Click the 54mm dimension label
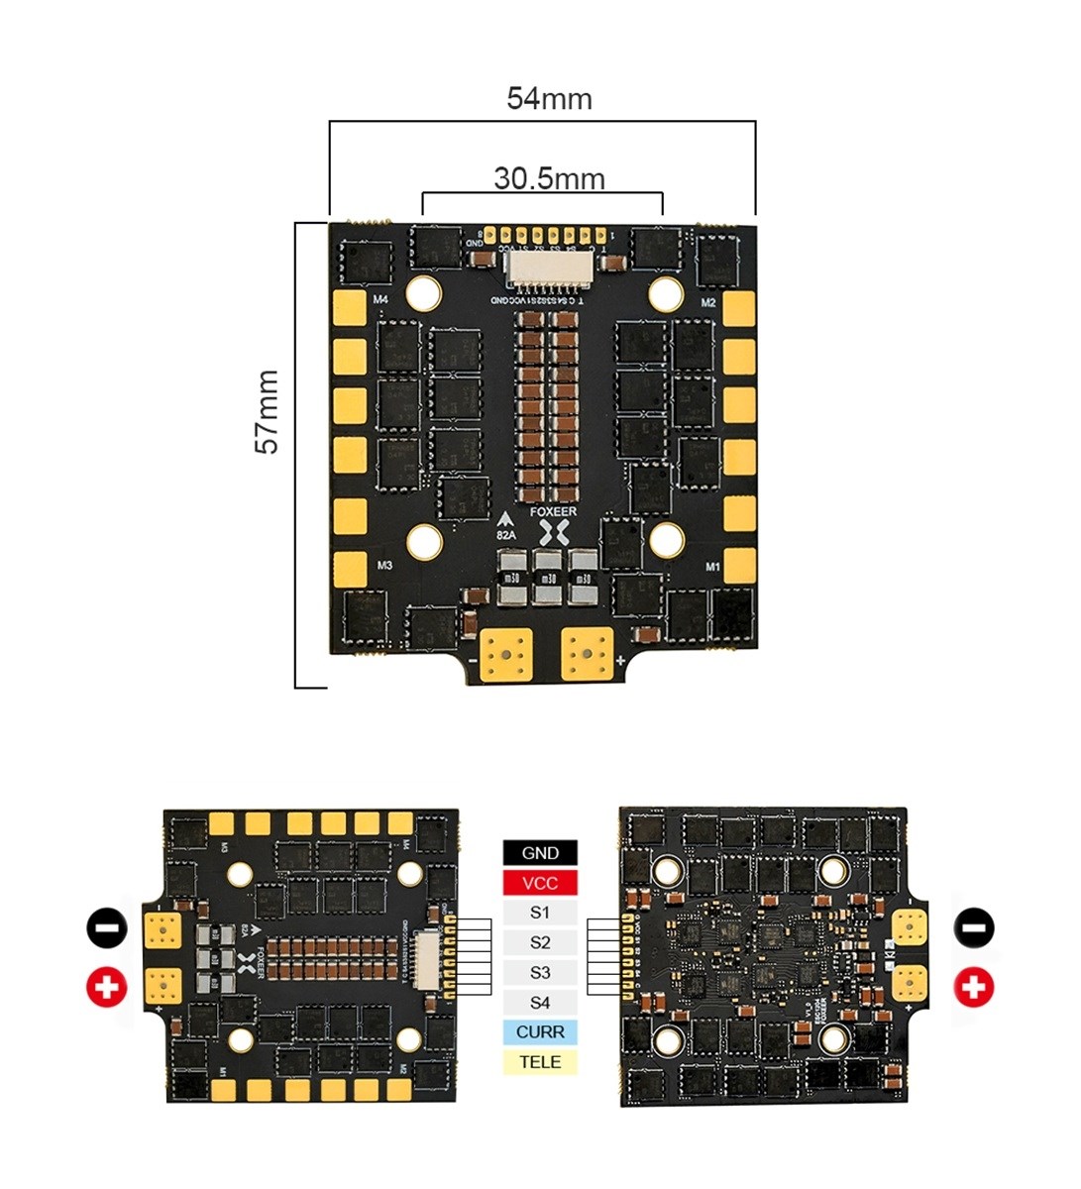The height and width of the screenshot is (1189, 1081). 549,99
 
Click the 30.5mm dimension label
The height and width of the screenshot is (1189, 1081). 549,179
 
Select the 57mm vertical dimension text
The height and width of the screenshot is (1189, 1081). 268,412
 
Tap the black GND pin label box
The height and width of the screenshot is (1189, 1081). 540,853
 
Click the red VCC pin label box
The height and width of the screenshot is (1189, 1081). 540,883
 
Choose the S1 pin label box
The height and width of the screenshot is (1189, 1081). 540,913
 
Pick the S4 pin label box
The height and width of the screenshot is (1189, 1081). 540,1003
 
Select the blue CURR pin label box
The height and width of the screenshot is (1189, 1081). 540,1032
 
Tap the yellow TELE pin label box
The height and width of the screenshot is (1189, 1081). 540,1062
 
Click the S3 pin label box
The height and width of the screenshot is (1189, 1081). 540,973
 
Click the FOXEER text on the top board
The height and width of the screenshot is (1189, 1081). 553,512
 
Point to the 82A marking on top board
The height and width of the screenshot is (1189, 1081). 506,534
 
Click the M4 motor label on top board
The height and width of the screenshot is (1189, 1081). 381,299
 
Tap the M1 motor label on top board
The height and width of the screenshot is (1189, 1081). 711,567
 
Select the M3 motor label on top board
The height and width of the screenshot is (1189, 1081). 384,566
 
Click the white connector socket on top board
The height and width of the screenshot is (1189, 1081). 548,268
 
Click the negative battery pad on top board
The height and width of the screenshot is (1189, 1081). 506,655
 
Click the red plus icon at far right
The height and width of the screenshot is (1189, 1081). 975,987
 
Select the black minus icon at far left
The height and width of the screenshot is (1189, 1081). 107,927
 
